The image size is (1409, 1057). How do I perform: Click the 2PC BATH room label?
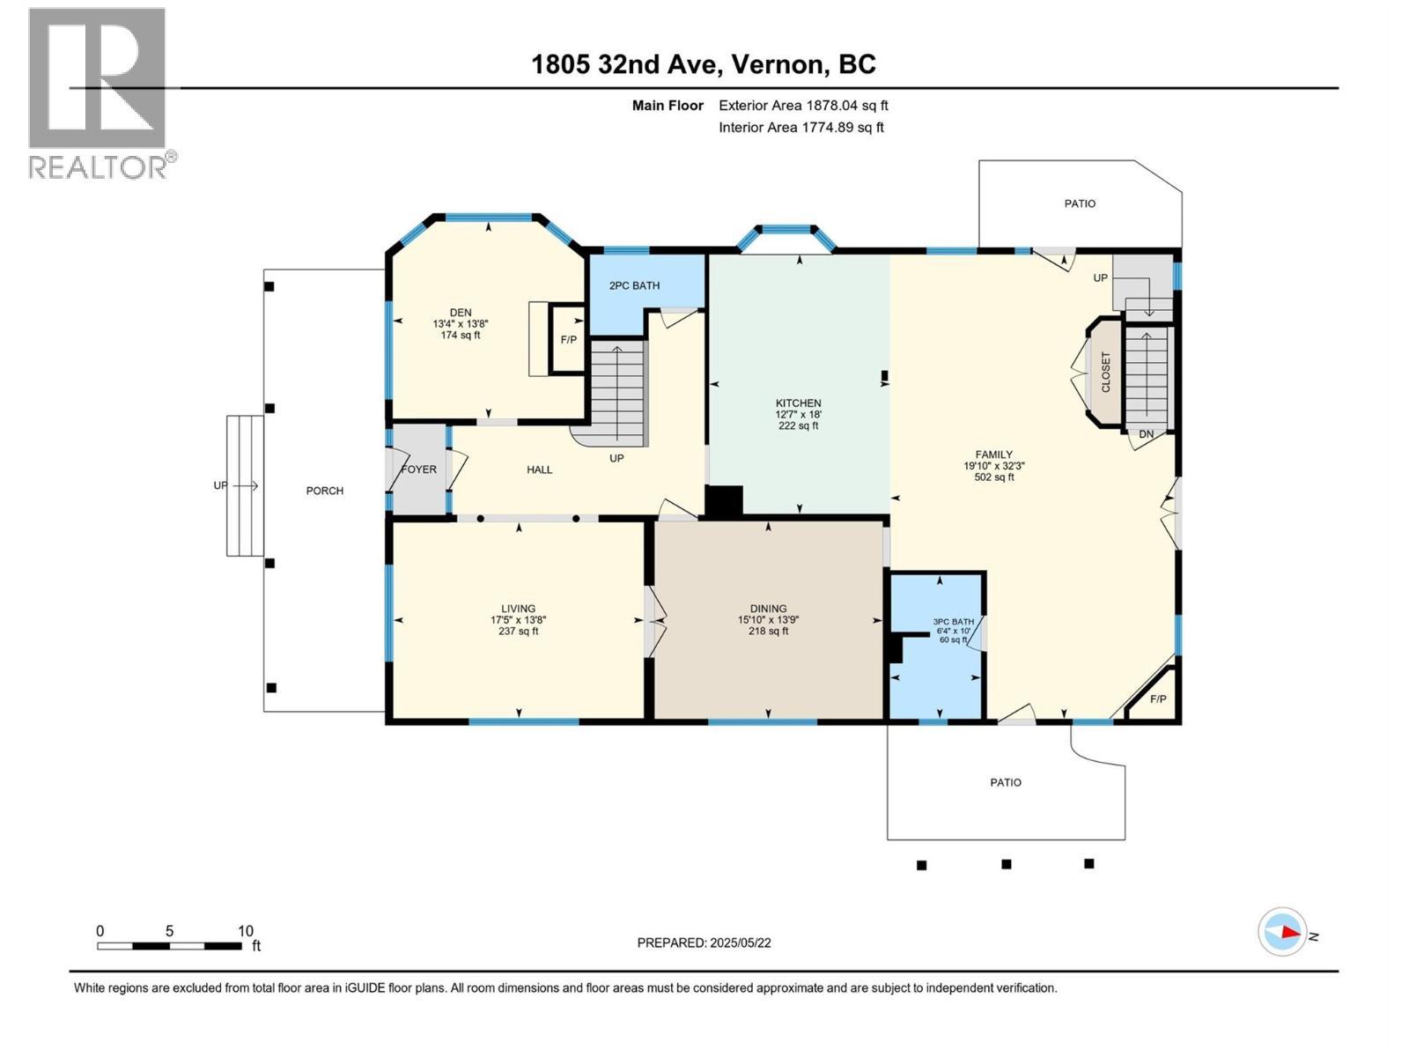coord(634,285)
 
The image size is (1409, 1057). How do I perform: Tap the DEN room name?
coord(461,312)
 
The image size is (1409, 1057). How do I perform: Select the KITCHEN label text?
coord(798,403)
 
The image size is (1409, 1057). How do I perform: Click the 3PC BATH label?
coord(954,622)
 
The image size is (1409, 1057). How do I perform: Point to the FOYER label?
coord(418,469)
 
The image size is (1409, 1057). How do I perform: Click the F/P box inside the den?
coord(569,339)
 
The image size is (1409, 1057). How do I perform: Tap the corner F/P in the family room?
coord(1158,699)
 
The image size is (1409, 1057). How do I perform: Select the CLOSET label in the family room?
coord(1106,372)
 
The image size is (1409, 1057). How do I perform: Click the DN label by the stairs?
coord(1146,434)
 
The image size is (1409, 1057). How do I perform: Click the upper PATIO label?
coord(1080,203)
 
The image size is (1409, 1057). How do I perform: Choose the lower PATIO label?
coord(1006,782)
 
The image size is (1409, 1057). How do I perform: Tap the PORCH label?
coord(324,491)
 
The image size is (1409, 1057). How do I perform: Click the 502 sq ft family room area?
coord(993,477)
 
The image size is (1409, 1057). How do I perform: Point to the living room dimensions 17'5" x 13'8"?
coord(518,619)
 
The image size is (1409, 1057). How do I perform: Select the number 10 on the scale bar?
coord(246,931)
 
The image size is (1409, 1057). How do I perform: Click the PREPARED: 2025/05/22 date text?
coord(704,942)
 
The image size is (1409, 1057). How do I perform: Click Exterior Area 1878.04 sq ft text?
coord(803,106)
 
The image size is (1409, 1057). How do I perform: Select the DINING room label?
coord(768,609)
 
